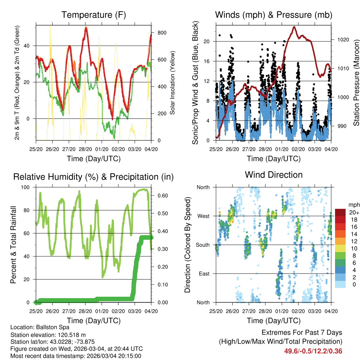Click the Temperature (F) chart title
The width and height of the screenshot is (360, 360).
click(93, 15)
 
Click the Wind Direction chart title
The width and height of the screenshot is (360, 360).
click(274, 175)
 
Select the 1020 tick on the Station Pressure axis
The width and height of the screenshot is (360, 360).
click(343, 40)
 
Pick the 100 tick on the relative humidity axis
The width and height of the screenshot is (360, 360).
click(27, 187)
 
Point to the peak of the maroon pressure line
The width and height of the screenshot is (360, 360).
click(294, 27)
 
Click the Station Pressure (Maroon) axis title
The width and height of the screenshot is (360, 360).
click(356, 82)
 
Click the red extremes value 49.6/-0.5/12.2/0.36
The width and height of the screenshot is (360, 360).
click(313, 351)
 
